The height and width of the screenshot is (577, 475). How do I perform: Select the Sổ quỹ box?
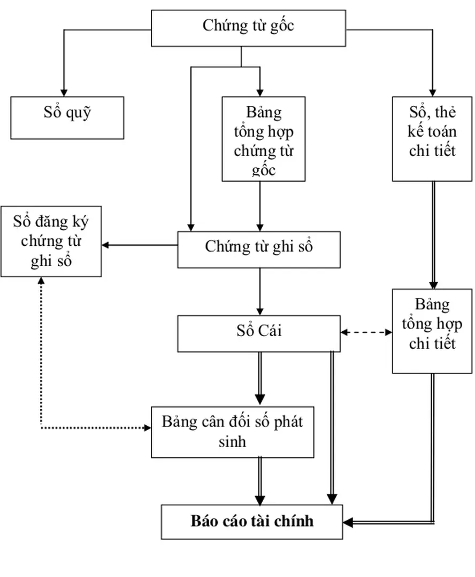(x=67, y=118)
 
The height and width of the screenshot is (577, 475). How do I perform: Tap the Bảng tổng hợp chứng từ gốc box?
(x=263, y=139)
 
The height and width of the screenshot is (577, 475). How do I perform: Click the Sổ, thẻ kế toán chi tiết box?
(x=432, y=139)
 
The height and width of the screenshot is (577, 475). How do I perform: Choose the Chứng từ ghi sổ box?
(x=259, y=249)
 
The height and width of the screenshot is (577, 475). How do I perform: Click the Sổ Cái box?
(x=259, y=333)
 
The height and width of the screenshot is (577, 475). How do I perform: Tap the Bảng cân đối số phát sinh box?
(x=232, y=431)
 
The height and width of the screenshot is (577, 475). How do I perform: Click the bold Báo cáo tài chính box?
(x=252, y=521)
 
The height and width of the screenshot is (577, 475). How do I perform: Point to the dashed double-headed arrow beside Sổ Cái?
(x=366, y=332)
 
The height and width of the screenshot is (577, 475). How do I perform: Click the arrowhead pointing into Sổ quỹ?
(x=64, y=92)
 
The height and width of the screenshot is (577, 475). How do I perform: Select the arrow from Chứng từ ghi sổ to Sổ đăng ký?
(x=139, y=245)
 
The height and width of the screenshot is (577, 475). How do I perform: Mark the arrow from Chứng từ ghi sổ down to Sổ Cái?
(x=260, y=291)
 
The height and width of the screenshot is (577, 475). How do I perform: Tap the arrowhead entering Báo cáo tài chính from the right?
(x=348, y=521)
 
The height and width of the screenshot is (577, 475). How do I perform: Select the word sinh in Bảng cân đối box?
(x=233, y=442)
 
